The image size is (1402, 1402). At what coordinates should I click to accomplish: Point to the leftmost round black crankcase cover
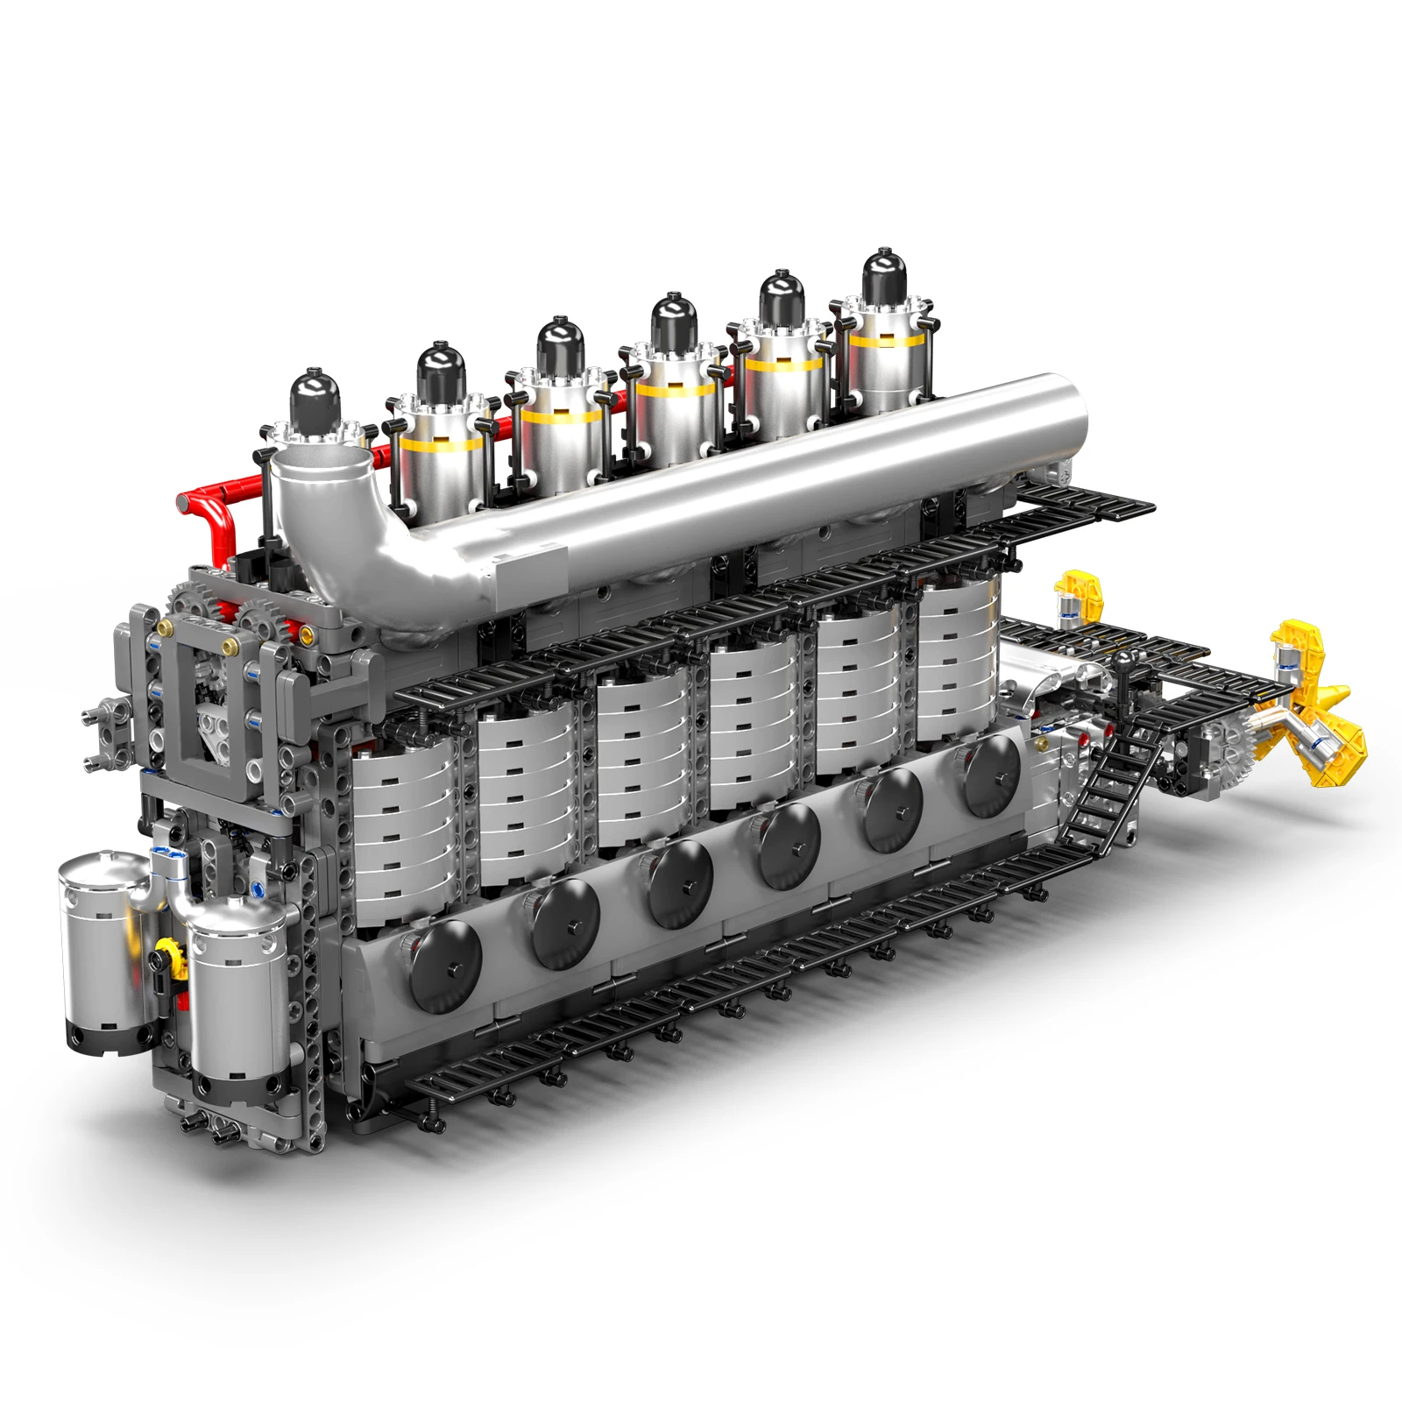445,962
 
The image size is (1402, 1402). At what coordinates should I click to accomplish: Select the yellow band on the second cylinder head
438,443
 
